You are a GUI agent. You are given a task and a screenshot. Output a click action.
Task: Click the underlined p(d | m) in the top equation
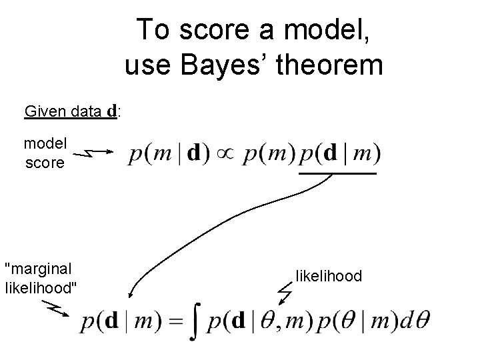click(339, 155)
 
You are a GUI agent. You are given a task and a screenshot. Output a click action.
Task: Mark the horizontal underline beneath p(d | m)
click(338, 173)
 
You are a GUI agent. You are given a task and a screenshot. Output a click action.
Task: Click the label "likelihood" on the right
click(329, 275)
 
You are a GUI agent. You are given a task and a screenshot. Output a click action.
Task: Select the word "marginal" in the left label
click(38, 269)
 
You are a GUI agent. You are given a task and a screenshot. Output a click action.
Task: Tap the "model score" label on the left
click(45, 153)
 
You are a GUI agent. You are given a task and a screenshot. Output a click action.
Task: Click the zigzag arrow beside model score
click(91, 154)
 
